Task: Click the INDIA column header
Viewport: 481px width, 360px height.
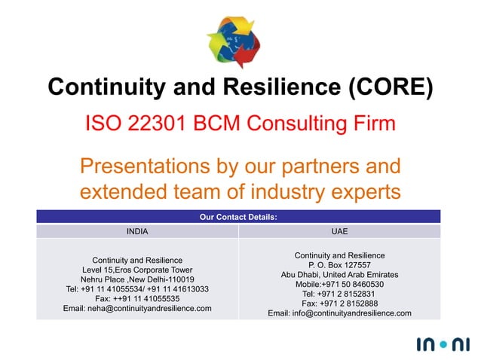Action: point(137,231)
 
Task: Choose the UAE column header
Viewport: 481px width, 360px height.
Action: point(339,231)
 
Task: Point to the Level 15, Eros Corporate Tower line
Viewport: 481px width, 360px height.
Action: point(137,270)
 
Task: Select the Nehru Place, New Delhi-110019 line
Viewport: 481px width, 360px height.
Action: point(137,279)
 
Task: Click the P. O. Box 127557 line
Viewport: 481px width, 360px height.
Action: point(339,265)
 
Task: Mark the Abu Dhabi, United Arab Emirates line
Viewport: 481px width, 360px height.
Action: point(339,275)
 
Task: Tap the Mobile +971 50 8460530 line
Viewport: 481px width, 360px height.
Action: point(339,285)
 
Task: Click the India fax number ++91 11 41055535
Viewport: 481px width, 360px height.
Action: point(137,299)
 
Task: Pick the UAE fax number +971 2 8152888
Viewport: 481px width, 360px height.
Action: point(339,304)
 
